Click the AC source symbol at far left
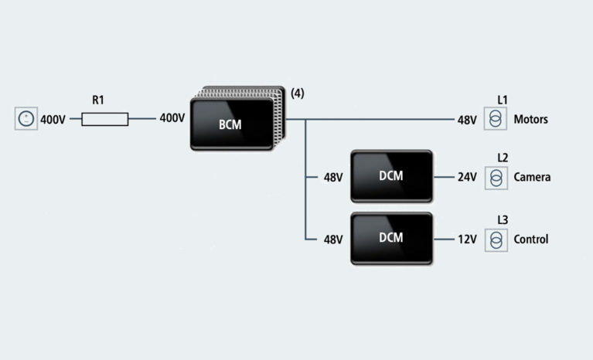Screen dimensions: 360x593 26,119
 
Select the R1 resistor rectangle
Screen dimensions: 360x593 105,119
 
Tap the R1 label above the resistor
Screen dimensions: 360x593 98,100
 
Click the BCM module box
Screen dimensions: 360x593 231,124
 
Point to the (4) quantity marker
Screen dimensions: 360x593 298,93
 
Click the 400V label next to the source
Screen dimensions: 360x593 53,120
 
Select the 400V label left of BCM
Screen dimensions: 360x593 172,119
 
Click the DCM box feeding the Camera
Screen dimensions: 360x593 391,176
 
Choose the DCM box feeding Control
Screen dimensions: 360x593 391,238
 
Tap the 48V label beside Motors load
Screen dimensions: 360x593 467,120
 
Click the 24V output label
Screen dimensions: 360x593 467,177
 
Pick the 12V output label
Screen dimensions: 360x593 467,239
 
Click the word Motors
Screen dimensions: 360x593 530,120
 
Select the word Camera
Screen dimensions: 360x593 532,177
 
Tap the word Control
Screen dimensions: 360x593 531,239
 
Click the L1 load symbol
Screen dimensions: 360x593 496,119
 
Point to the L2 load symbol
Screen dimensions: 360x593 496,177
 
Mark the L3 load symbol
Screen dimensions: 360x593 496,239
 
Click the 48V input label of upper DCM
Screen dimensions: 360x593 332,177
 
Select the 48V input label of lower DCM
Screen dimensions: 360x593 332,239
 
